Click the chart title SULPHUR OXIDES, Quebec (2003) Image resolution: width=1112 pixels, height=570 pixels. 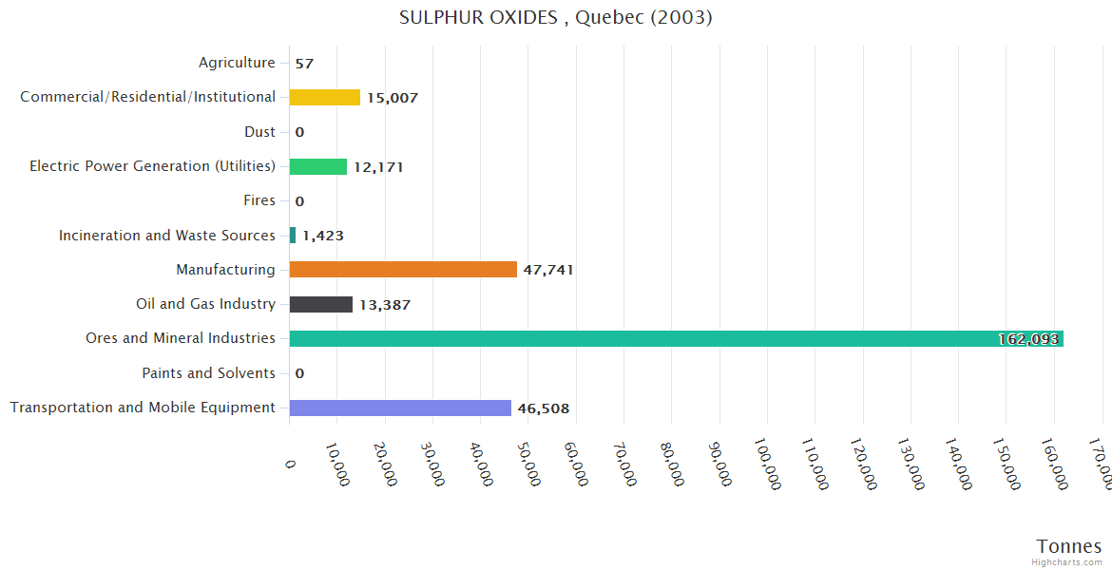pos(555,17)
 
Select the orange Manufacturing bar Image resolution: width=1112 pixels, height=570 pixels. pos(403,270)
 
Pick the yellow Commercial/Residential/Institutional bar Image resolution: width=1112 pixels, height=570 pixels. pos(325,97)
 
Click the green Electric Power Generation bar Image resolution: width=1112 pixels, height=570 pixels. pos(318,166)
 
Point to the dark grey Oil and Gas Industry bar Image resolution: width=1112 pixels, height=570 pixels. pos(321,304)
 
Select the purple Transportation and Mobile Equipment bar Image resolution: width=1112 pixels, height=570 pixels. pos(400,408)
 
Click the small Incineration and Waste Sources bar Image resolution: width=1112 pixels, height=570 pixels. pos(293,236)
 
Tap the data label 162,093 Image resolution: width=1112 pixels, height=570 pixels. pos(1028,339)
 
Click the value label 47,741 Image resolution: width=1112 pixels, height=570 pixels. pos(548,270)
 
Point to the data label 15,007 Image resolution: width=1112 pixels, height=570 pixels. pos(393,98)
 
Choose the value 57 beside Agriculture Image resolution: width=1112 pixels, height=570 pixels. pos(304,64)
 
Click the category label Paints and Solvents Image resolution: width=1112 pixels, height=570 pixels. pos(209,373)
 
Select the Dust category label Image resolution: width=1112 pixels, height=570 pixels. pos(259,132)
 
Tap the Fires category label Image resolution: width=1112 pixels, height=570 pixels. pos(259,200)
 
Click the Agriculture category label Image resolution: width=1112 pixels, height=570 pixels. pos(237,63)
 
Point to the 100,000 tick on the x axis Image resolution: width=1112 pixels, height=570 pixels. pos(768,464)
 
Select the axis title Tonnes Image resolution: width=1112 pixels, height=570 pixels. pos(1069,545)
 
